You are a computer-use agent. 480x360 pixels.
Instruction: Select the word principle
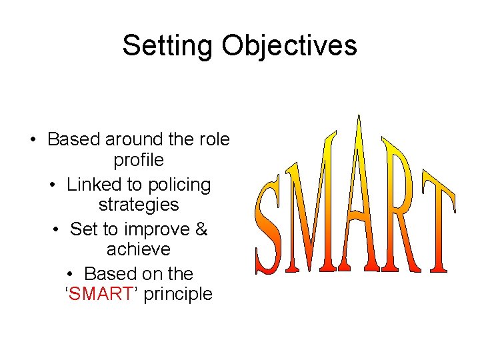pos(178,294)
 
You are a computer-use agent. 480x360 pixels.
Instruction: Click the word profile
pos(139,160)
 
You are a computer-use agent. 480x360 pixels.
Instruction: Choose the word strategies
pos(139,204)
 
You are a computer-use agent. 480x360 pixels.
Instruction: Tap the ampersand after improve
pos(201,229)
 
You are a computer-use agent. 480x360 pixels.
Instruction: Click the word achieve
pos(139,249)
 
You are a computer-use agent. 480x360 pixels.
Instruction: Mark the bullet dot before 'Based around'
pos(33,140)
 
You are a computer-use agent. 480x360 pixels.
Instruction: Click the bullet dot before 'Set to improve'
pos(55,230)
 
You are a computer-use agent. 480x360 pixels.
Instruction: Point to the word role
pos(213,140)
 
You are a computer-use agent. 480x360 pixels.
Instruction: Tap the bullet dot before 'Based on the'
pos(71,275)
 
